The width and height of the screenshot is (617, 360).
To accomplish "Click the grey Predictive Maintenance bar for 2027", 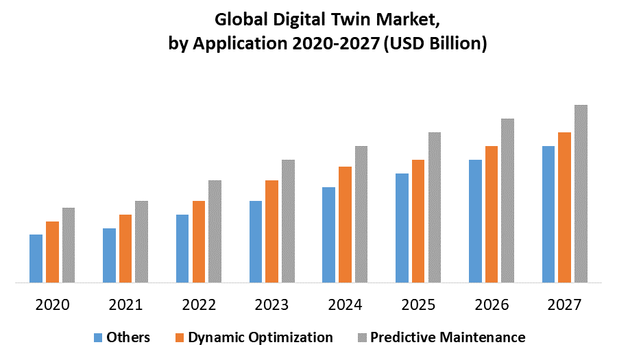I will tap(581, 193).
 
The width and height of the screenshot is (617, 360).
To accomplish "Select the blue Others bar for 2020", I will tap(36, 259).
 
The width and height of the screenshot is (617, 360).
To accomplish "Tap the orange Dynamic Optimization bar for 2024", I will tap(345, 224).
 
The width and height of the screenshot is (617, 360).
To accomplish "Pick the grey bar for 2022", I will tap(215, 231).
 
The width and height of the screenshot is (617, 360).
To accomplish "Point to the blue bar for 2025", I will tap(402, 228).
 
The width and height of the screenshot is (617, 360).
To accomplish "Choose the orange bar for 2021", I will tap(125, 248).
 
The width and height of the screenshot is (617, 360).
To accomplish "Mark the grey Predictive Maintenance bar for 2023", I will tap(288, 221).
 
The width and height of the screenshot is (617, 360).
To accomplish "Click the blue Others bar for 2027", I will tap(548, 214).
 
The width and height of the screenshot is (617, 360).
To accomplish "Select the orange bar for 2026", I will tap(492, 214).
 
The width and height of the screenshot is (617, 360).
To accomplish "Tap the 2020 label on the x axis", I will tap(52, 304).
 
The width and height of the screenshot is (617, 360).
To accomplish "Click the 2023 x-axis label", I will tap(271, 304).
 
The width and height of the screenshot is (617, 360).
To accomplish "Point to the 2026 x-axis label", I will tap(491, 304).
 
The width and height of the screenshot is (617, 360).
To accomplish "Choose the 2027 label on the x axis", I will tap(564, 304).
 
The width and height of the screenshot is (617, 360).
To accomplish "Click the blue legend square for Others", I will tap(97, 337).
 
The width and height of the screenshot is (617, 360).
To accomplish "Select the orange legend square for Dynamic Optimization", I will tap(180, 337).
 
